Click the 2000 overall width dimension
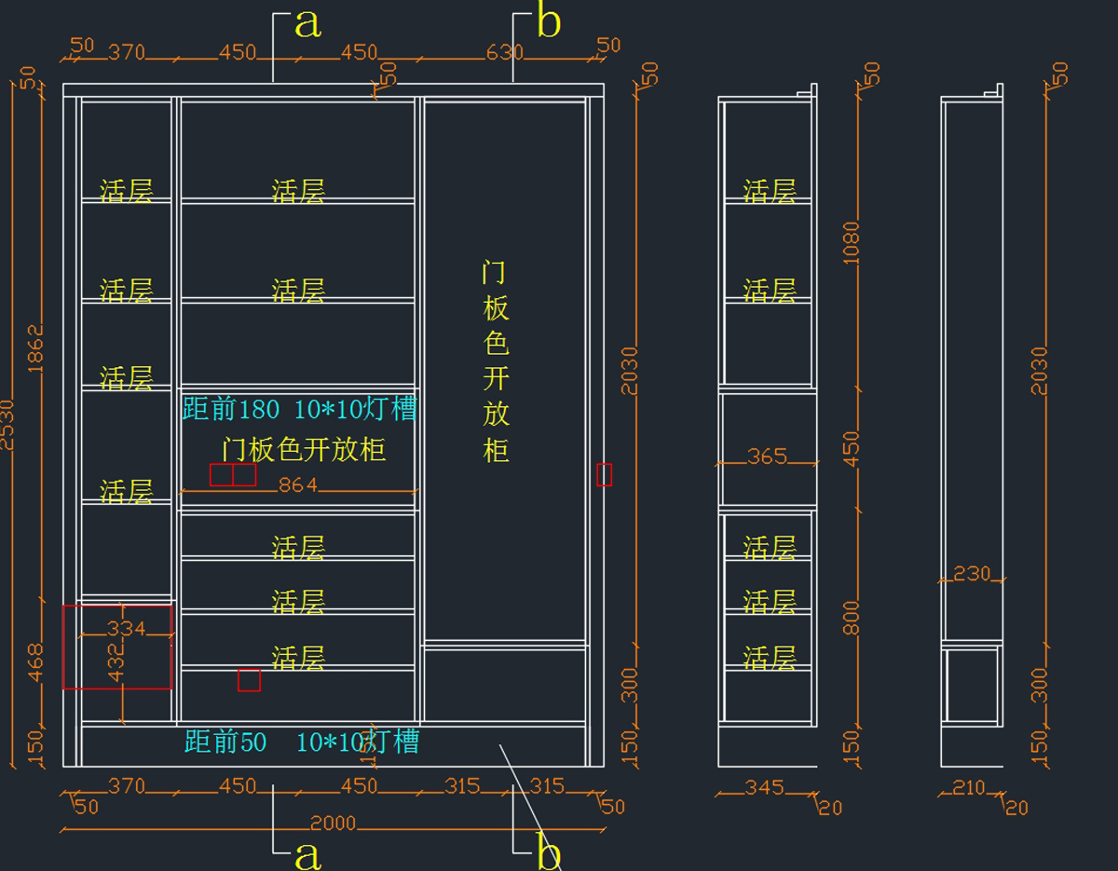tap(334, 823)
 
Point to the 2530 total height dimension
tap(7, 424)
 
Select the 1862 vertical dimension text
tap(35, 349)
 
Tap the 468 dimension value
tap(35, 662)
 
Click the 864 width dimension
tap(298, 484)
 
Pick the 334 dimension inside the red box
tap(126, 629)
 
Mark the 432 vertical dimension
tap(116, 662)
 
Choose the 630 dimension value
tap(504, 53)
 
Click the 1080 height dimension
tap(852, 242)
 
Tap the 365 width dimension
tap(767, 456)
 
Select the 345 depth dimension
tap(764, 788)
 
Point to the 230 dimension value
tap(972, 574)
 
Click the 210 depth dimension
tap(969, 788)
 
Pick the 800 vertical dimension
tap(852, 618)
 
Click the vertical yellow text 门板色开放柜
tap(496, 361)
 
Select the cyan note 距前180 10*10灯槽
tap(299, 409)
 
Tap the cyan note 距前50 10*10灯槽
tap(302, 742)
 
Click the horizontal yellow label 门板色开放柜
tap(304, 450)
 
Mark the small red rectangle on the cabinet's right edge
tap(605, 474)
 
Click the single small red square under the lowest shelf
tap(249, 680)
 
